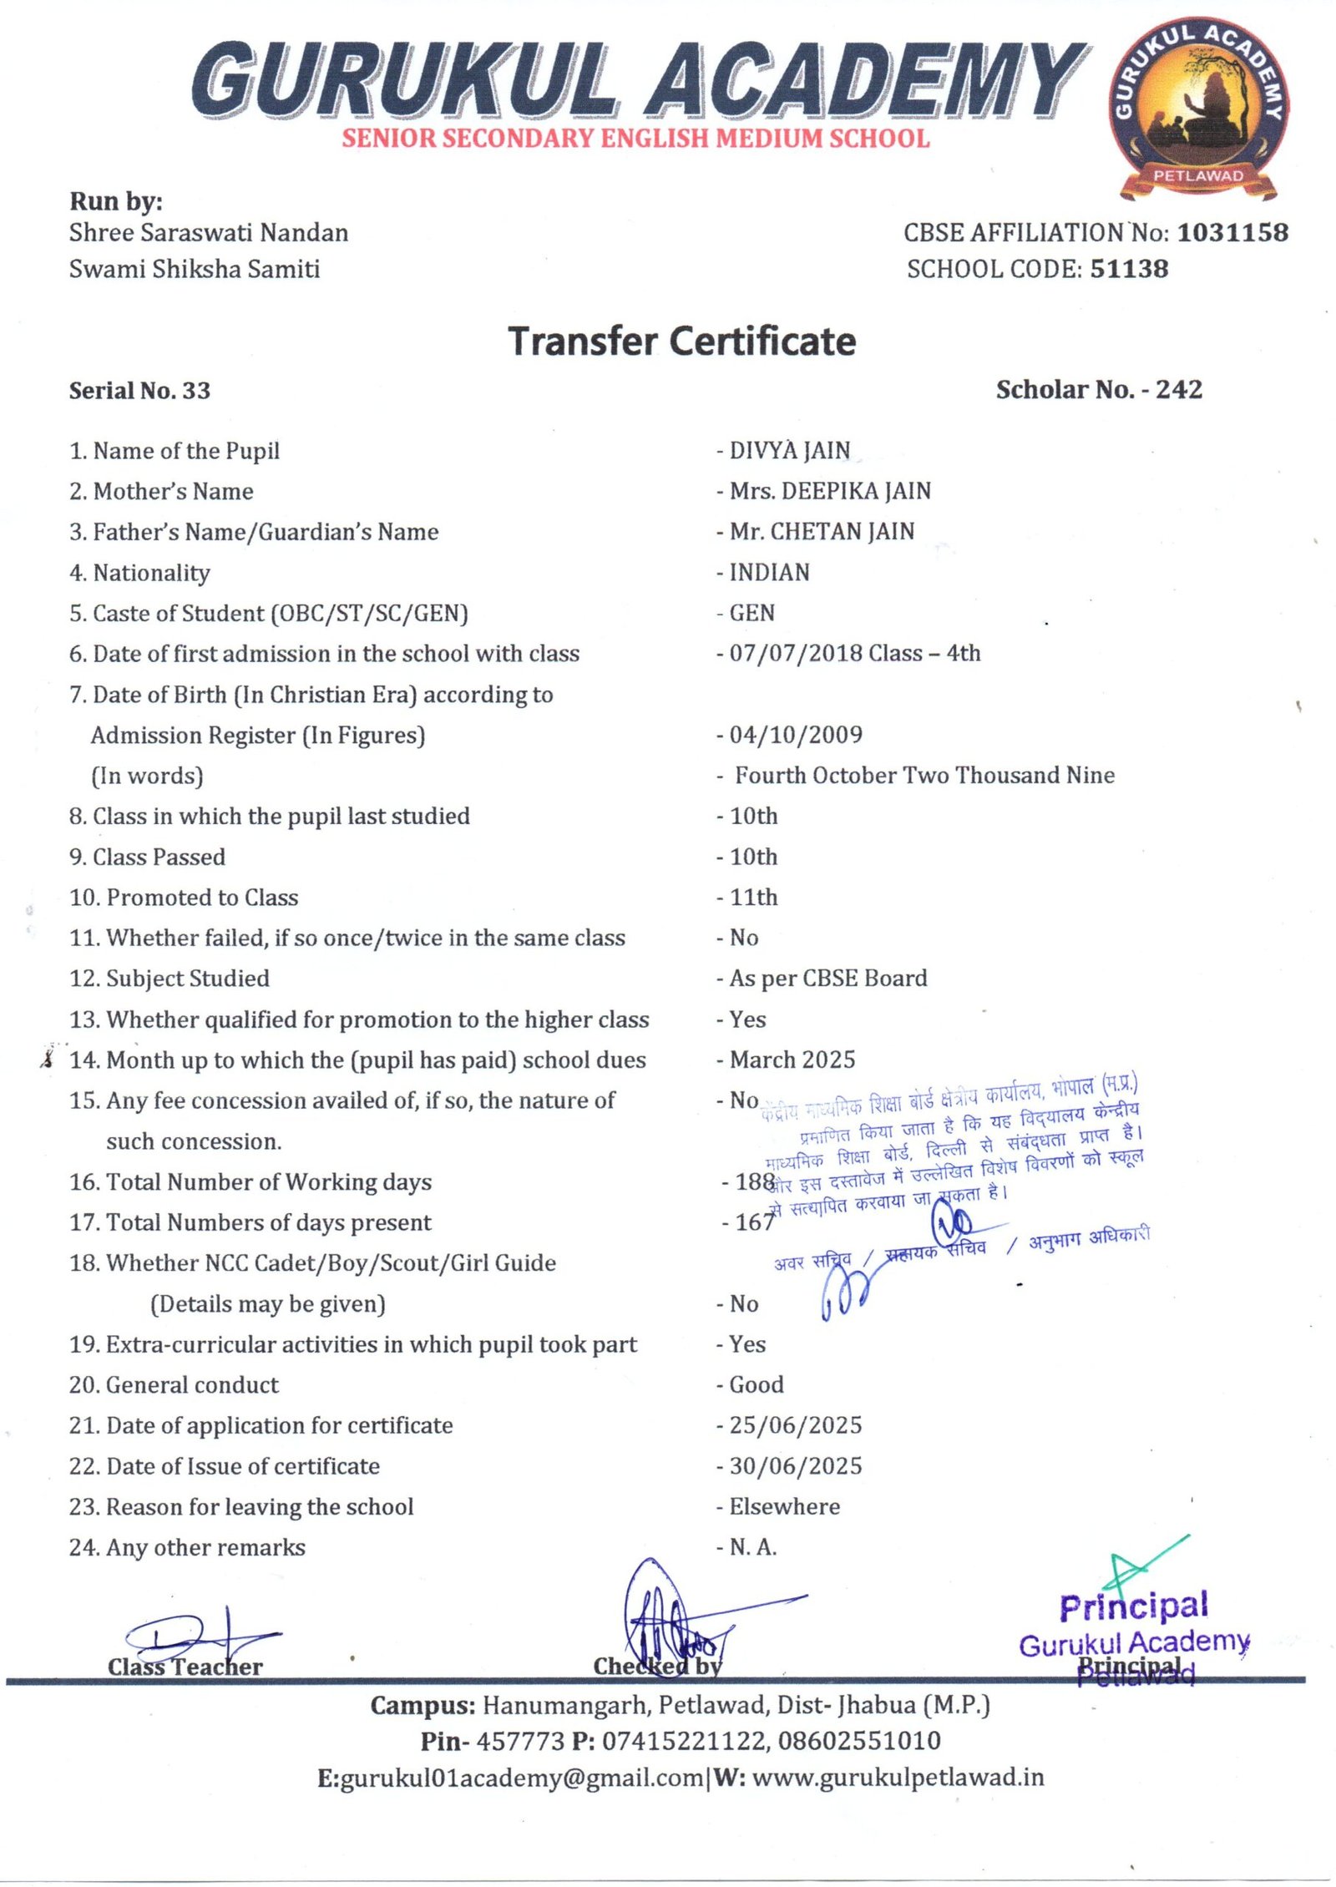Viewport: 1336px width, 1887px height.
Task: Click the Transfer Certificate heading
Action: click(682, 341)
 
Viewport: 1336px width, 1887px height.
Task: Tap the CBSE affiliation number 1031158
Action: click(1232, 232)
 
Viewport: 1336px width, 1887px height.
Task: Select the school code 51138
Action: click(1129, 269)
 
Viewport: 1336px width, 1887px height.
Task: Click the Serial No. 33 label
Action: click(139, 391)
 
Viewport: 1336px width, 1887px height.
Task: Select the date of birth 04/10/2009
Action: click(796, 735)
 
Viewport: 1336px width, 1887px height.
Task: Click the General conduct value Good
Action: click(756, 1384)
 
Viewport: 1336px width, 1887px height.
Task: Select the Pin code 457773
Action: click(520, 1741)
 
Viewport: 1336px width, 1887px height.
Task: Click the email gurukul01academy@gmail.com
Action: click(522, 1778)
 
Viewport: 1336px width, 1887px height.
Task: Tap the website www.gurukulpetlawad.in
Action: click(898, 1778)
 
